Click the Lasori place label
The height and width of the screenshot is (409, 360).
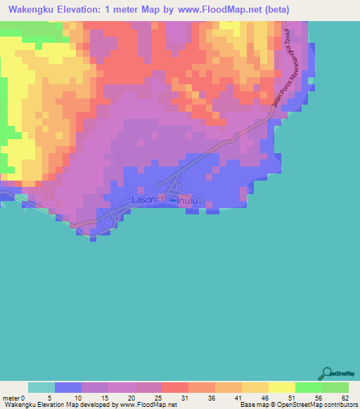[x=143, y=200]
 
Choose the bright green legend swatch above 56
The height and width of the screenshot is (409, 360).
[x=308, y=387]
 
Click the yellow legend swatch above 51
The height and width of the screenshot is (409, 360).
[x=281, y=387]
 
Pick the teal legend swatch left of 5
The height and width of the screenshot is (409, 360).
[x=41, y=387]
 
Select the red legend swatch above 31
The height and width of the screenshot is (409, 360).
[x=174, y=387]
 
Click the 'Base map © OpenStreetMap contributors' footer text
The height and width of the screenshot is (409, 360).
[x=298, y=405]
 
